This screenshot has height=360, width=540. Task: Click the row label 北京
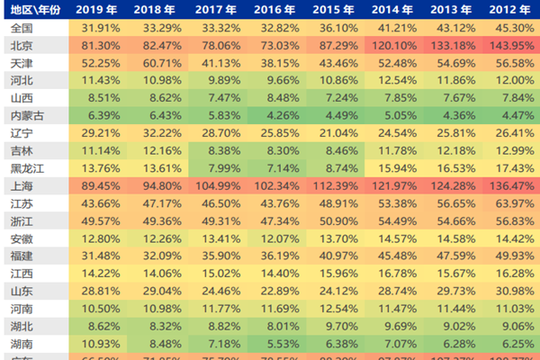(22, 45)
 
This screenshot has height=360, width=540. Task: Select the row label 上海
(22, 185)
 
